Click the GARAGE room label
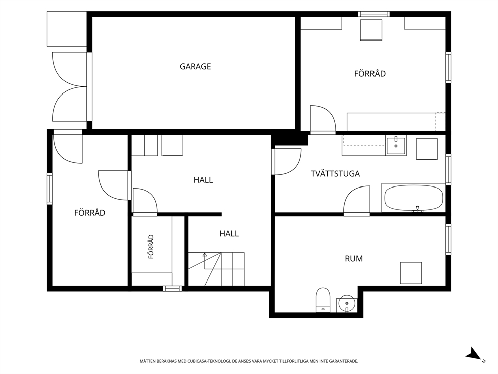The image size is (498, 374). pyautogui.click(x=195, y=66)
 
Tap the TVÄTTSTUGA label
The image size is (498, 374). pyautogui.click(x=335, y=173)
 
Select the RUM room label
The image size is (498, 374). pyautogui.click(x=354, y=258)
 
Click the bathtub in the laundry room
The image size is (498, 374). pyautogui.click(x=414, y=198)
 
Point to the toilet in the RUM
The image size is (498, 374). pyautogui.click(x=323, y=300)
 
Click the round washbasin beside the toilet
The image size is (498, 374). pyautogui.click(x=347, y=304)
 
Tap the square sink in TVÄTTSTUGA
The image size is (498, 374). pyautogui.click(x=396, y=145)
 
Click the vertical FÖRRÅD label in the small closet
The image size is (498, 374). pyautogui.click(x=151, y=246)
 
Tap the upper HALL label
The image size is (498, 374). pyautogui.click(x=203, y=180)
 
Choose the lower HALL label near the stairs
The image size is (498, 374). pyautogui.click(x=229, y=233)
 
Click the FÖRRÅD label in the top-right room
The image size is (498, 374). pyautogui.click(x=370, y=73)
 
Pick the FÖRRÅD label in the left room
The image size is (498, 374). pyautogui.click(x=90, y=213)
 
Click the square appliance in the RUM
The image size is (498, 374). pyautogui.click(x=411, y=273)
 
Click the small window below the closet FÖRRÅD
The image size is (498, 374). pyautogui.click(x=173, y=289)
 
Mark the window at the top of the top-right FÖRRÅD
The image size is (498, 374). pyautogui.click(x=374, y=14)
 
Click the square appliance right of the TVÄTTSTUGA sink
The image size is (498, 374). pyautogui.click(x=427, y=149)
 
